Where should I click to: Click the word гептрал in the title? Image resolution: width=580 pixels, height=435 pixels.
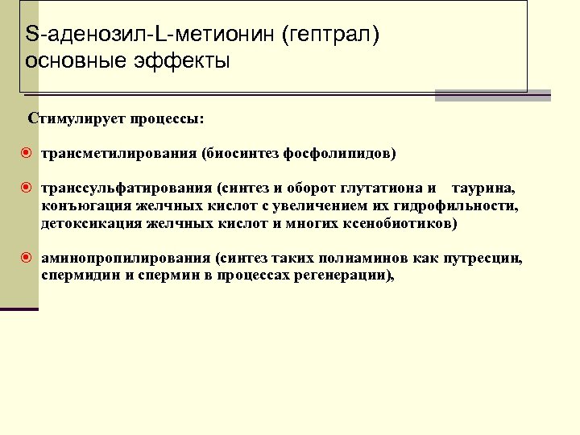pos(330,35)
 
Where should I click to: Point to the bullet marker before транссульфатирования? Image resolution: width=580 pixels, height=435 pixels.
pos(27,188)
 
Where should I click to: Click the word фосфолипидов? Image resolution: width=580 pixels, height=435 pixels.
pos(348,153)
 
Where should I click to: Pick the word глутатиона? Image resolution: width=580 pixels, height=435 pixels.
pos(382,188)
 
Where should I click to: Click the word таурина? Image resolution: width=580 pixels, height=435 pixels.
pos(483,188)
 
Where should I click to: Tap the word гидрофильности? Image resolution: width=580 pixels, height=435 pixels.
pos(459,206)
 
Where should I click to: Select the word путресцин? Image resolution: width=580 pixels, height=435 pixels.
pos(483,259)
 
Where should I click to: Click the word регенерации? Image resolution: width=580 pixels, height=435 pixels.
pos(345,275)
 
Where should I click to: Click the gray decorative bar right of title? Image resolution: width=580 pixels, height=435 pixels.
pos(492,96)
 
